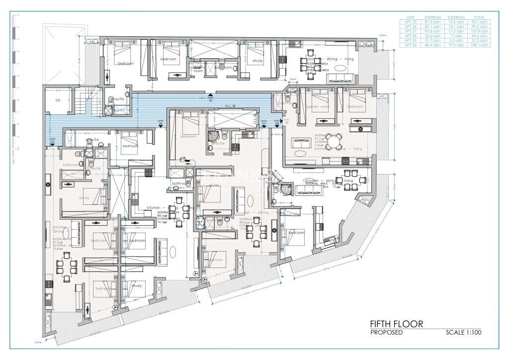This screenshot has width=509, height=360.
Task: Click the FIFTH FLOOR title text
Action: click(x=396, y=324)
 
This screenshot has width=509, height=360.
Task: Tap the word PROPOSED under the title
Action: click(x=386, y=333)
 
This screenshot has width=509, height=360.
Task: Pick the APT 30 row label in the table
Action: click(x=410, y=45)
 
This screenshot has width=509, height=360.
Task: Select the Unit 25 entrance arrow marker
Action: click(x=53, y=145)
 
